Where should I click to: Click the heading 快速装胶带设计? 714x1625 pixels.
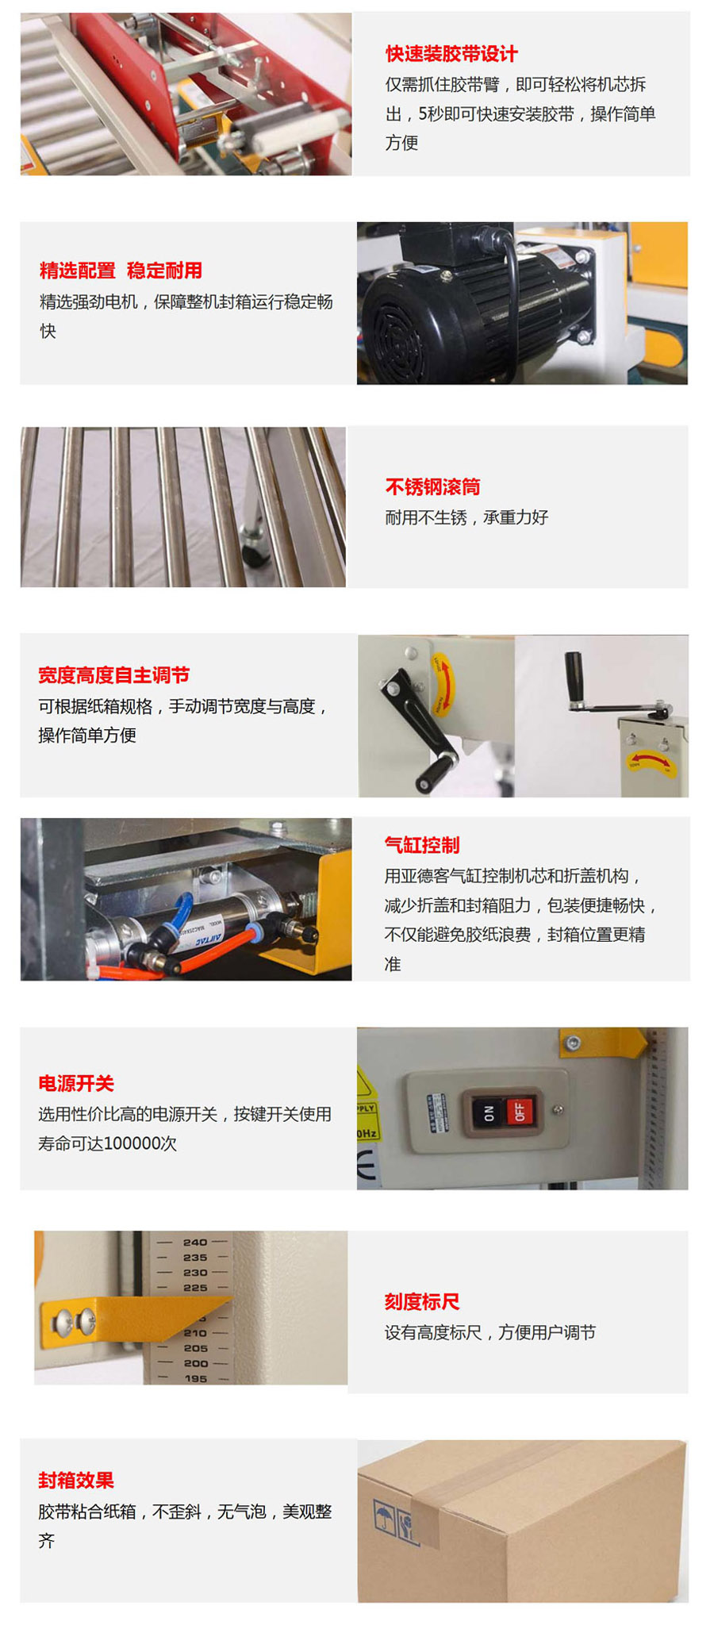point(451,54)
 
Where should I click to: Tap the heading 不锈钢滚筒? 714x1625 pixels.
point(432,486)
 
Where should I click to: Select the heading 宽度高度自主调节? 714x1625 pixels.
point(113,675)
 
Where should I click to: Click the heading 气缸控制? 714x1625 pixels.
point(422,845)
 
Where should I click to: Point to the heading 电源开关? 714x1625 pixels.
point(76,1083)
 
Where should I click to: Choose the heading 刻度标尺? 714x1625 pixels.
point(422,1302)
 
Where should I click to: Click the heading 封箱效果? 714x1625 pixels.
point(76,1481)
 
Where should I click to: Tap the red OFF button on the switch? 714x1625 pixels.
point(520,1110)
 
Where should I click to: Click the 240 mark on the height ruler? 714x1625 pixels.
point(195,1243)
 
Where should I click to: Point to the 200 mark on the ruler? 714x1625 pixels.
point(195,1364)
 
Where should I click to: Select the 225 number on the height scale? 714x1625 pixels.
point(195,1288)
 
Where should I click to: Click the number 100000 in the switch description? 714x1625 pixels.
point(129,1143)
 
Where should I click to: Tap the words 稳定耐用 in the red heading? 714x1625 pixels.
point(164,271)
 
